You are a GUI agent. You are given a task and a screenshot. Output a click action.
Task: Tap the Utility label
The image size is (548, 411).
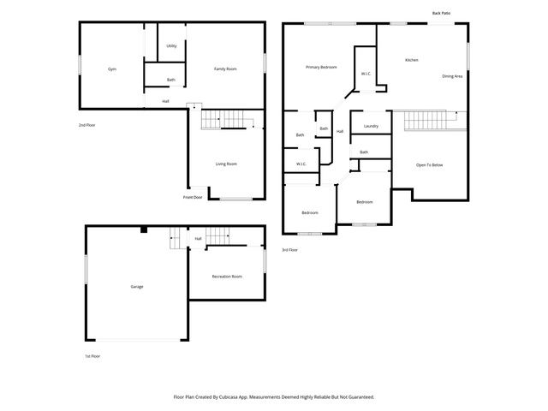click(x=171, y=45)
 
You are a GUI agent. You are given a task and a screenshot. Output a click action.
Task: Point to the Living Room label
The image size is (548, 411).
click(x=226, y=164)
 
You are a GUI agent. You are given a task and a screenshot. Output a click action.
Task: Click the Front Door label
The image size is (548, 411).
click(x=193, y=197)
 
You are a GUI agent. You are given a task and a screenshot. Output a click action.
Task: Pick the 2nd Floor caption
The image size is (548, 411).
click(x=86, y=125)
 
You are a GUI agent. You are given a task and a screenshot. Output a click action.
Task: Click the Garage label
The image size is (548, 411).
click(x=136, y=286)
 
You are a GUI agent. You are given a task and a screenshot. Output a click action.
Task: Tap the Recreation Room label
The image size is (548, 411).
click(x=227, y=276)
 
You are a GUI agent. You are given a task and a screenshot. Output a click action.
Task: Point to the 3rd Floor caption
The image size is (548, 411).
click(x=289, y=250)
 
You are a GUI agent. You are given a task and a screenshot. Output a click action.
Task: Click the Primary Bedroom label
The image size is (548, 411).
click(x=322, y=66)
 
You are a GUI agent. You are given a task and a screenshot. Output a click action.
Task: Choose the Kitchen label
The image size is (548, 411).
click(x=412, y=60)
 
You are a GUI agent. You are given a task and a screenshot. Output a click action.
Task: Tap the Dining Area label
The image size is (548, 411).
click(x=452, y=76)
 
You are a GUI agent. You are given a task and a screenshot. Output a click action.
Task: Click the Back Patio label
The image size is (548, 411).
click(x=442, y=13)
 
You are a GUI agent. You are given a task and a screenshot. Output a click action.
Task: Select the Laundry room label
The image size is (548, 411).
click(x=371, y=126)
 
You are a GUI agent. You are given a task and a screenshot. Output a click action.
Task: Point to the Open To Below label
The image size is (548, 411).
click(x=429, y=164)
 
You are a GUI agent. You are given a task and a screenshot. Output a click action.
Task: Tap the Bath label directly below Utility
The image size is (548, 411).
click(x=170, y=80)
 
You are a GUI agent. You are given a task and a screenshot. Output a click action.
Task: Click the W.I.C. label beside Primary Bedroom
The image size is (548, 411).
click(x=366, y=74)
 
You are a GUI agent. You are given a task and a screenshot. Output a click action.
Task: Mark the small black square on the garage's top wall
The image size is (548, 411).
click(x=145, y=229)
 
